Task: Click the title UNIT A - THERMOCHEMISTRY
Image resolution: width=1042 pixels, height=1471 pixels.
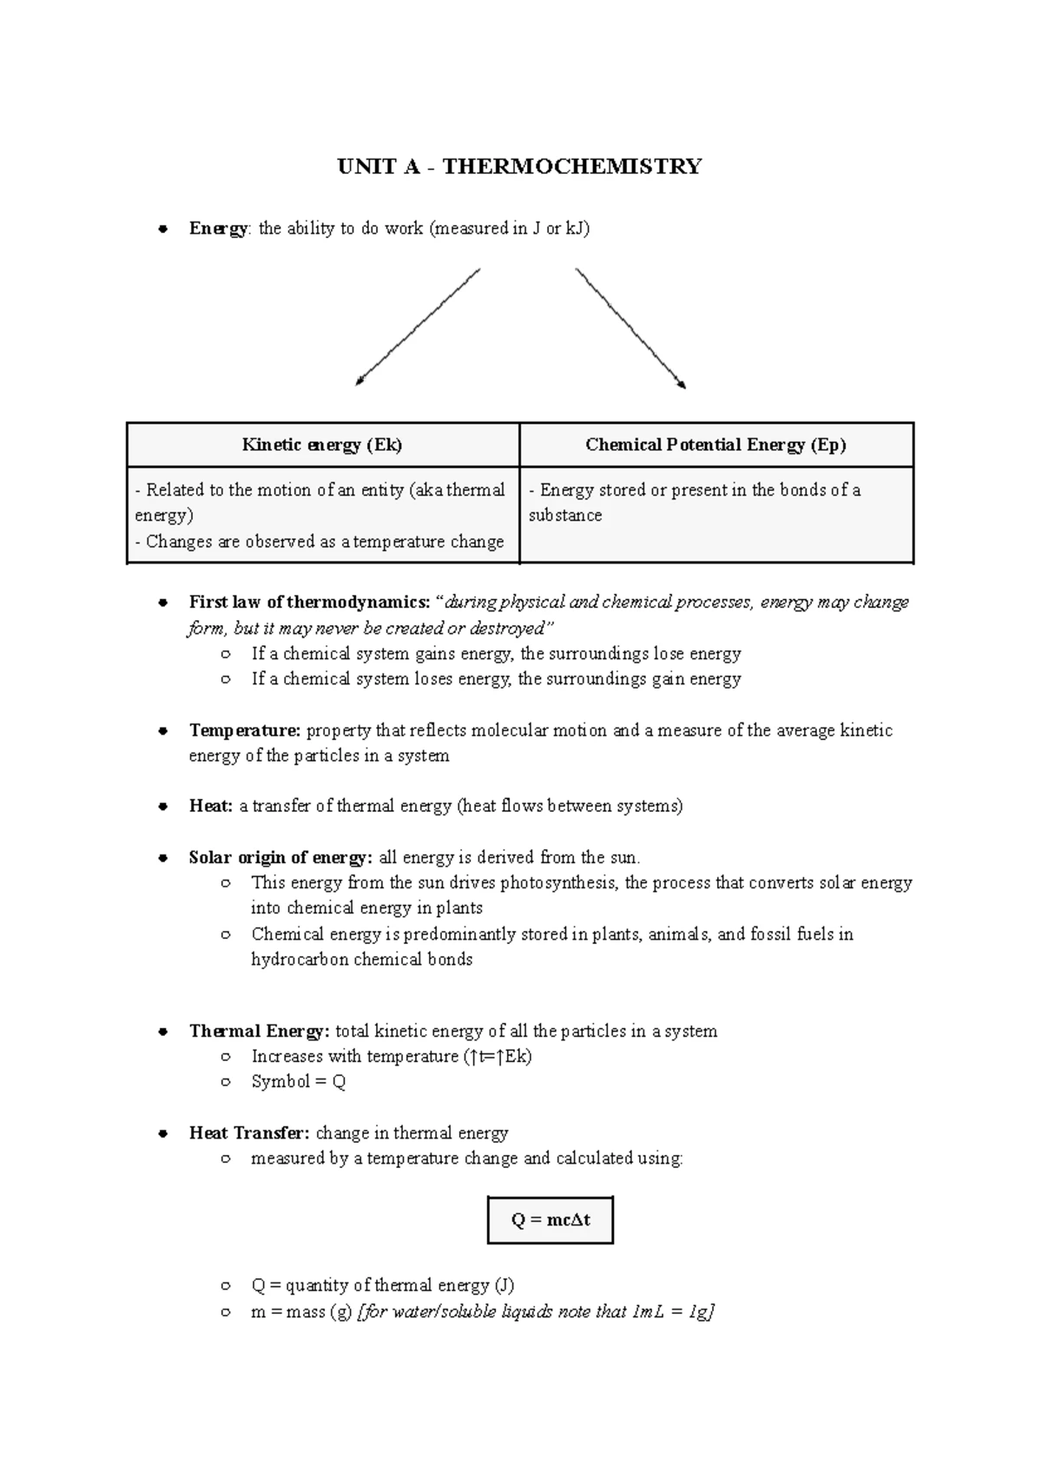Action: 519,166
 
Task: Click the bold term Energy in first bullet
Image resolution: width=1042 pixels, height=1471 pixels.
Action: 218,228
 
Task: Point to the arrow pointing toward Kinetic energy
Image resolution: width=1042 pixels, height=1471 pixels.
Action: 417,327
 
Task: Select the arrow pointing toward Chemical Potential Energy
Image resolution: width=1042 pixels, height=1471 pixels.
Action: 631,328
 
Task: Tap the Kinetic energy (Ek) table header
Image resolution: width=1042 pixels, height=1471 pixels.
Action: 322,445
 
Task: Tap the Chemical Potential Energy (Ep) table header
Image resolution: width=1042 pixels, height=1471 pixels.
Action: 716,445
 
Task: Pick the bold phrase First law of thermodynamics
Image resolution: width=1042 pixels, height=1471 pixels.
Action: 309,602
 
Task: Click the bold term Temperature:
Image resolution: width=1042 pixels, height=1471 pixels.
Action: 245,730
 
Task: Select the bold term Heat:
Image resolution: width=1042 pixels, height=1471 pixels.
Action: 211,806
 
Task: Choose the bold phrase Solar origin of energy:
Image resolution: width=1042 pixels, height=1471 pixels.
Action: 280,857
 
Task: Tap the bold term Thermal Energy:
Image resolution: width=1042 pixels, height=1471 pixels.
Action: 259,1031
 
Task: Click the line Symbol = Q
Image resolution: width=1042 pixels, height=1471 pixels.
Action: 298,1082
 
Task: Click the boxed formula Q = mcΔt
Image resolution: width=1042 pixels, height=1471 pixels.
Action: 551,1220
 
